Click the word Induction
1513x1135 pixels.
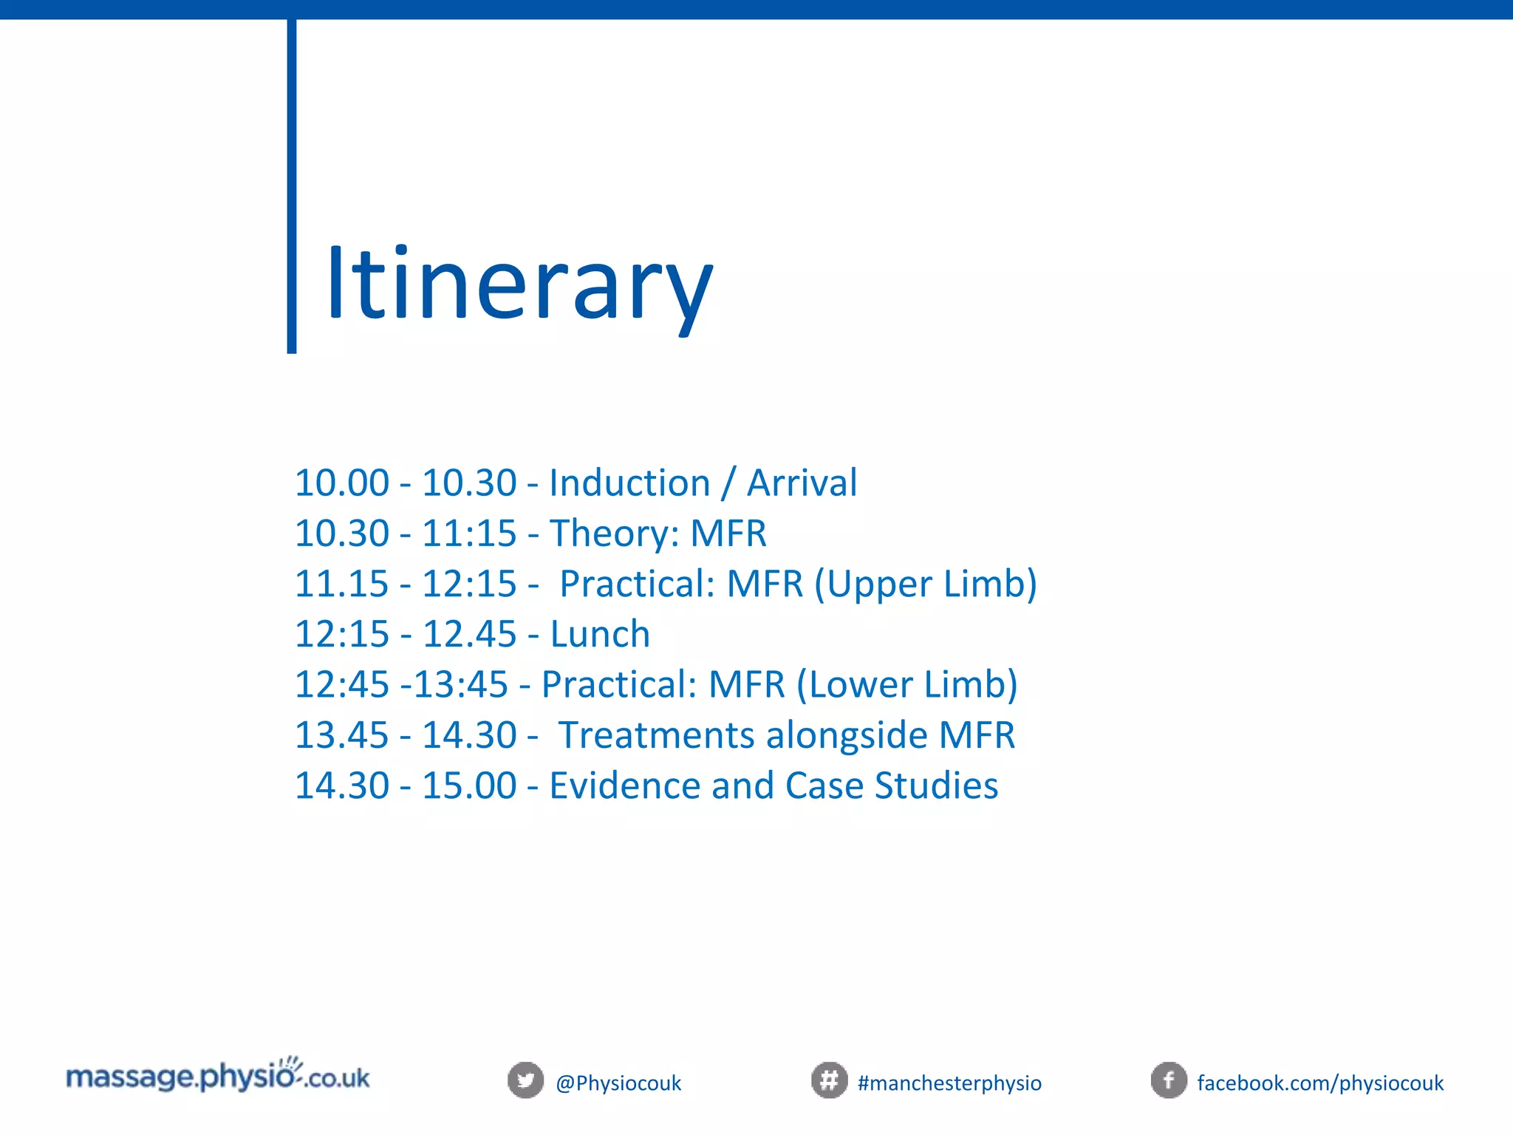(629, 483)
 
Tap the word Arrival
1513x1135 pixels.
(802, 483)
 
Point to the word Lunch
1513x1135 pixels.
(600, 634)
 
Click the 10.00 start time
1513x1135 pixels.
(341, 483)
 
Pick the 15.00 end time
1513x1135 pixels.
(469, 785)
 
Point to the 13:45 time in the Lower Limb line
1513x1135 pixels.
(461, 685)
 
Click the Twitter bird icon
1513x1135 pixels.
(525, 1080)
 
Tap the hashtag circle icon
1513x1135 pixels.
(829, 1080)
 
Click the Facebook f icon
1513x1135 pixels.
(1169, 1080)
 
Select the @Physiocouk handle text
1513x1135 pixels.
(618, 1083)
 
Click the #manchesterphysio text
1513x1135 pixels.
(949, 1083)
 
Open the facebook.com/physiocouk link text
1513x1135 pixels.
(1320, 1083)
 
